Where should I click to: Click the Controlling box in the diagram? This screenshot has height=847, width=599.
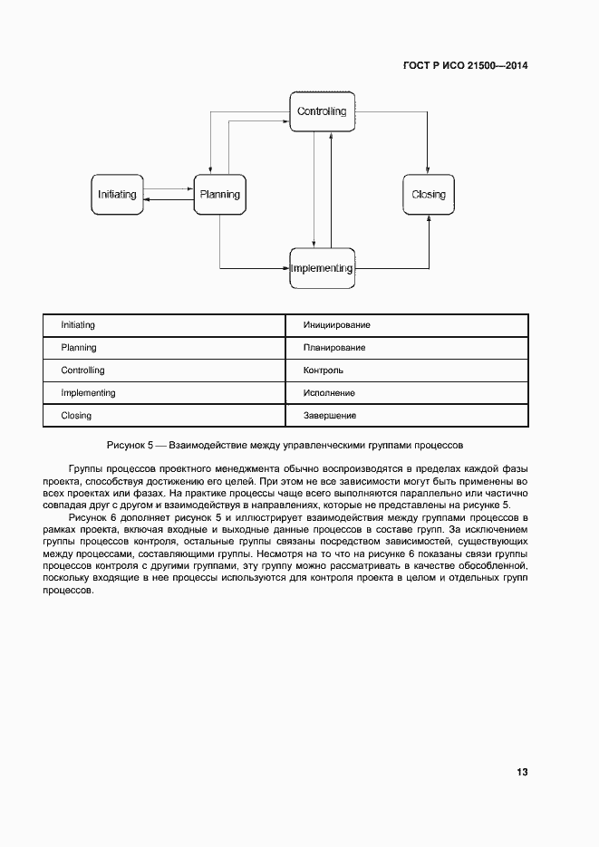322,112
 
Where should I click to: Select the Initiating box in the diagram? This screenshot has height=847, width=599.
117,195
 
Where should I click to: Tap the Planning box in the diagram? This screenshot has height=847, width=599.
219,195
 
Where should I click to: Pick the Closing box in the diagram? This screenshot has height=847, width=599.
428,195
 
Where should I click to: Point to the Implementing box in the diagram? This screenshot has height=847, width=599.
322,268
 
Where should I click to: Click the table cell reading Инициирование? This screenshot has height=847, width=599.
407,325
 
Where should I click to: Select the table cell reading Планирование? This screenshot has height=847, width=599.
407,348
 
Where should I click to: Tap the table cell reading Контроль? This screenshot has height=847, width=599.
407,371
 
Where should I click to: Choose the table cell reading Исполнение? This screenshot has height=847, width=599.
407,393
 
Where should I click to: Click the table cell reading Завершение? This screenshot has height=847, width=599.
407,416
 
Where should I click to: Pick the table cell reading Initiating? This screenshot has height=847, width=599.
165,325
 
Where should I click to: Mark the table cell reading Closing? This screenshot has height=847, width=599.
165,416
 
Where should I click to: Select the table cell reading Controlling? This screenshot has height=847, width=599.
165,371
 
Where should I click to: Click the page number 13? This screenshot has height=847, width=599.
522,772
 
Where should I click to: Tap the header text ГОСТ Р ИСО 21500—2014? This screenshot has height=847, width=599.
464,66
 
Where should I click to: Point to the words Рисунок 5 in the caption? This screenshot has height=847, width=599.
130,446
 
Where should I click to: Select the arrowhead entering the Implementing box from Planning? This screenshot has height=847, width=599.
285,268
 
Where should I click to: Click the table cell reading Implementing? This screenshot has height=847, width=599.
165,393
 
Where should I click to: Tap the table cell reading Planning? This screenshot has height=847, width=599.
165,348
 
